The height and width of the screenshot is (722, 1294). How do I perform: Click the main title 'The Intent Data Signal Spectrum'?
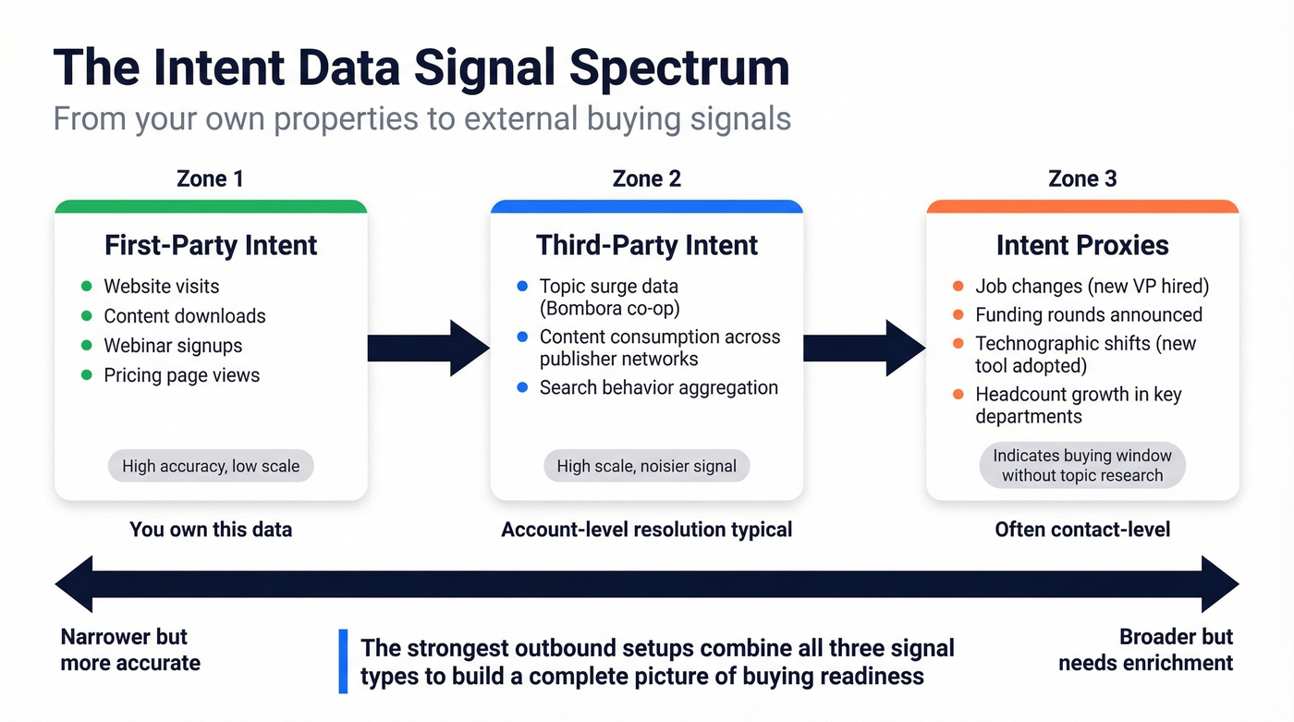click(x=421, y=67)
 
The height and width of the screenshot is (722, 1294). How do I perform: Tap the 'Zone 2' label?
click(x=646, y=178)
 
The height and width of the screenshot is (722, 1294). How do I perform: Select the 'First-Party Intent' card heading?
click(x=211, y=245)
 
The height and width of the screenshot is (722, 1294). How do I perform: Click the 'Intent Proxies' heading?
click(x=1082, y=245)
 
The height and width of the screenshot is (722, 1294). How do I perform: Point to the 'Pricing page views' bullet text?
click(x=181, y=375)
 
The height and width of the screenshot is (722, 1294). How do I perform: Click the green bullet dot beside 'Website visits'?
click(x=87, y=287)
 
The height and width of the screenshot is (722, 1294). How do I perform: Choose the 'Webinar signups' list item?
click(x=173, y=346)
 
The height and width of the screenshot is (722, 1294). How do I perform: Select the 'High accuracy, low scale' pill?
click(x=211, y=466)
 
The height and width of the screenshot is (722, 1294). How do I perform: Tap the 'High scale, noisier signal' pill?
click(x=646, y=466)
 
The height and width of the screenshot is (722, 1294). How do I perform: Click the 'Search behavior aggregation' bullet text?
click(x=658, y=388)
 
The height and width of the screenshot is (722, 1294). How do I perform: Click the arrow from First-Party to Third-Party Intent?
click(x=428, y=348)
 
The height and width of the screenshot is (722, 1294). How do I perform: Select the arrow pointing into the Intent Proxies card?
click(x=864, y=348)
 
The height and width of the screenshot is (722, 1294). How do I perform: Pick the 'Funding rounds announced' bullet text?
click(x=1089, y=316)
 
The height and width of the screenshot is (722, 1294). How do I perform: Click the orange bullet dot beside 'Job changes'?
click(x=958, y=287)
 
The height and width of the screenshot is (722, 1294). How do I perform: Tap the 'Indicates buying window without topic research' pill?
click(x=1082, y=466)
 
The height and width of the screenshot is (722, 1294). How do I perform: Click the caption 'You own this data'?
click(x=211, y=530)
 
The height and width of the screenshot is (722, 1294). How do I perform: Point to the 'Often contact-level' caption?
click(x=1082, y=530)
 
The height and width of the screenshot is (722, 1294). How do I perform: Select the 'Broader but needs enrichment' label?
click(x=1145, y=650)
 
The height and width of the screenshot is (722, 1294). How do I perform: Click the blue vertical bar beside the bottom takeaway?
click(x=343, y=661)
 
